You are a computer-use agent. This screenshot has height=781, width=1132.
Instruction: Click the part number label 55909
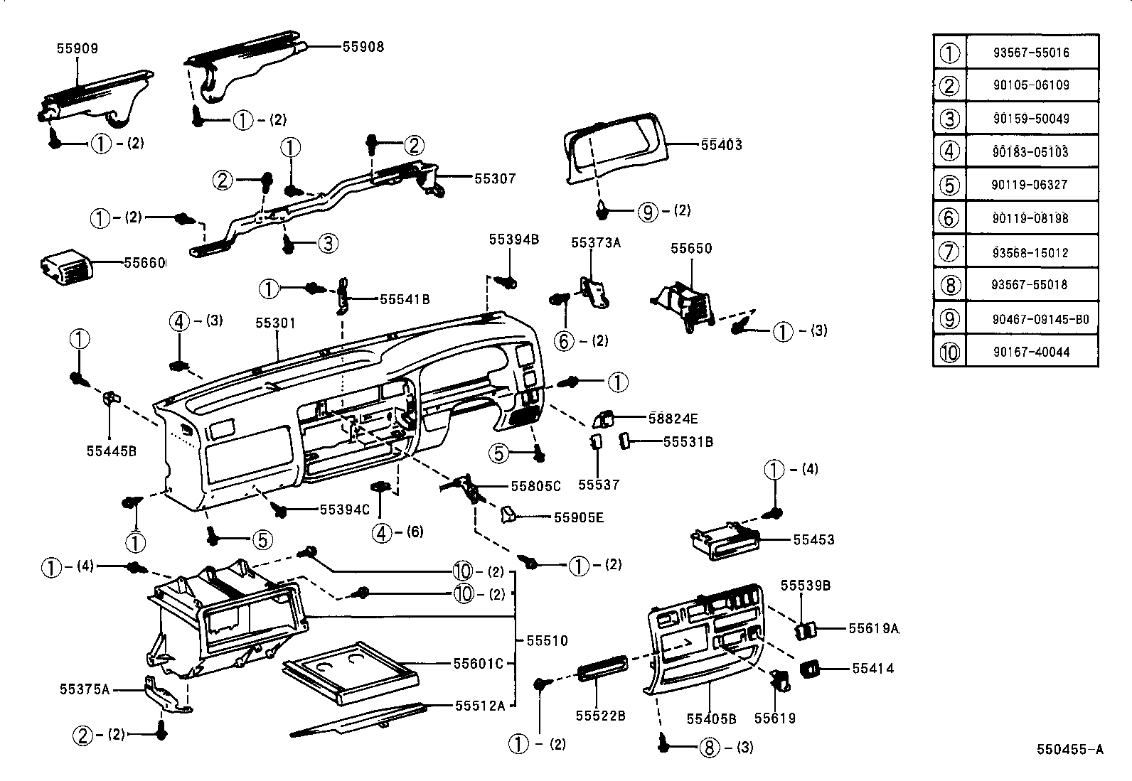pos(77,49)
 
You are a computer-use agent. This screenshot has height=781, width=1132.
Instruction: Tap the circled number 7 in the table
pos(949,252)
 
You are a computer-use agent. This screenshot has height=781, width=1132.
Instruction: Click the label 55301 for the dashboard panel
pos(275,323)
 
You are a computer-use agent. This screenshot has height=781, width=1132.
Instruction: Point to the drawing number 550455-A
pos(1069,749)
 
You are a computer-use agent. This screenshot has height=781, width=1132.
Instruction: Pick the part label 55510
pos(547,641)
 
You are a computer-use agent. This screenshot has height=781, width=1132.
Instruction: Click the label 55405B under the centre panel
pos(711,718)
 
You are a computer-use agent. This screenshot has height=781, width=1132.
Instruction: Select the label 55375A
pos(84,689)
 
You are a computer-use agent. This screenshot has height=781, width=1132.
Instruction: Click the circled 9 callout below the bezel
pos(647,211)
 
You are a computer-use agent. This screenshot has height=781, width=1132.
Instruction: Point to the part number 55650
pos(691,249)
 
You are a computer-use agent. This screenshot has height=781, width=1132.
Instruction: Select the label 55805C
pos(535,486)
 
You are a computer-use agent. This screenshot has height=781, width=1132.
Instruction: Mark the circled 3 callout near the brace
pos(327,244)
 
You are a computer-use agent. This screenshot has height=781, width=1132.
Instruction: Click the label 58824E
pos(673,419)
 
